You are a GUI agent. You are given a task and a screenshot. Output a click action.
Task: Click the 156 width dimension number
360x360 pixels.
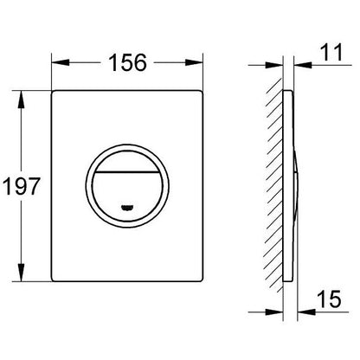127,63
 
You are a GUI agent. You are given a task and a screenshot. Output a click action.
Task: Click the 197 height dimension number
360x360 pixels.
21,186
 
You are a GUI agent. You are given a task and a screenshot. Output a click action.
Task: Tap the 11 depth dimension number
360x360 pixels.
331,52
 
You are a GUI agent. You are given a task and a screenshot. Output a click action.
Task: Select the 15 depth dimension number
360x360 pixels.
330,299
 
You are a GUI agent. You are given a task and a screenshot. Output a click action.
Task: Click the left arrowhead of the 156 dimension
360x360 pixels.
61,62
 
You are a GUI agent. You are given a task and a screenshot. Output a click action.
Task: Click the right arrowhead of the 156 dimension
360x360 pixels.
194,62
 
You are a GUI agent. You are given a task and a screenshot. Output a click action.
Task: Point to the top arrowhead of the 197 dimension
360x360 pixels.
21,100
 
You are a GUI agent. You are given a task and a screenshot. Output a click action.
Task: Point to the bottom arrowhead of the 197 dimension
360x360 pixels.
21,272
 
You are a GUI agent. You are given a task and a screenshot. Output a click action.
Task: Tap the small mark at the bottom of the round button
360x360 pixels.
127,207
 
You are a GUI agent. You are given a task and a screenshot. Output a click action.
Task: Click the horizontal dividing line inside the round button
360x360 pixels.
127,172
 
